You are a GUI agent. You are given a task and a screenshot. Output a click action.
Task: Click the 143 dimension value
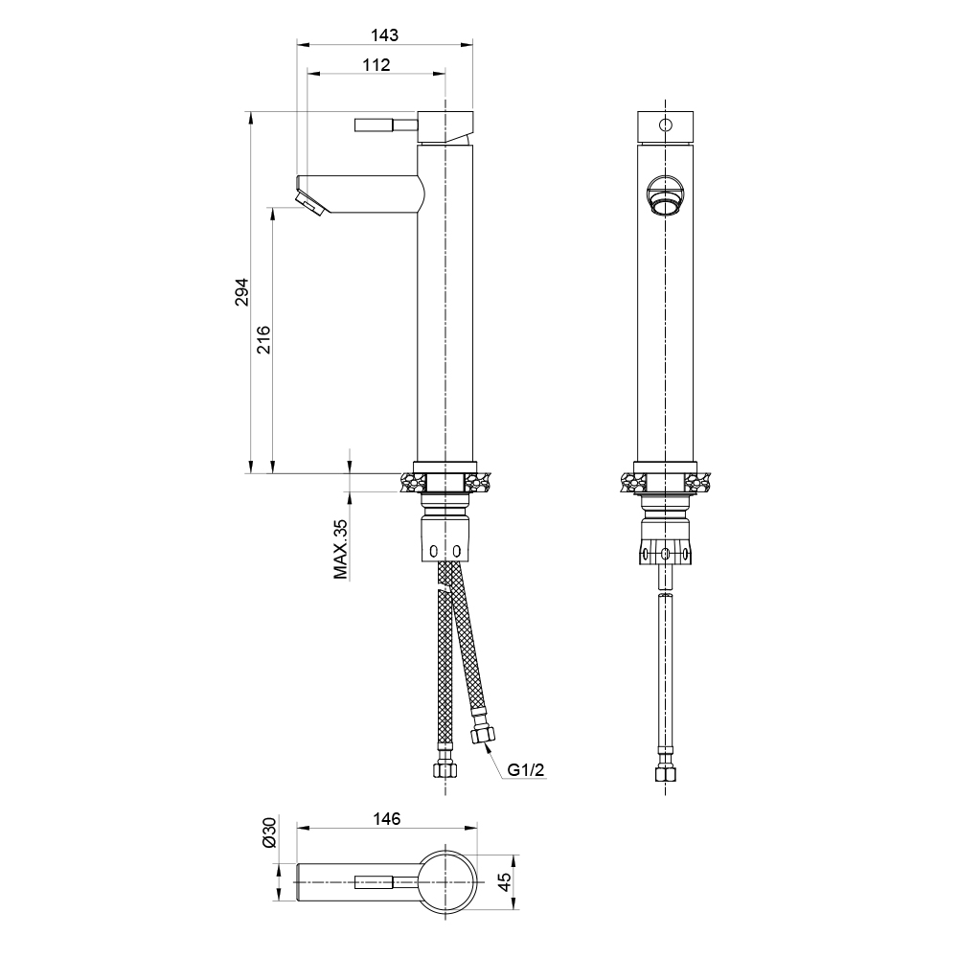click(x=384, y=34)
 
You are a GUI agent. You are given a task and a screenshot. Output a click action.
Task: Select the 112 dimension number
click(x=376, y=64)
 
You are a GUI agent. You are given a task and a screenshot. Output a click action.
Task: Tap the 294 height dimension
click(x=241, y=291)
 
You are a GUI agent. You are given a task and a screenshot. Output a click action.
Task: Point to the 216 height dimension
click(x=263, y=340)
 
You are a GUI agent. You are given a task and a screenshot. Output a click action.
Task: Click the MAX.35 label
click(x=340, y=549)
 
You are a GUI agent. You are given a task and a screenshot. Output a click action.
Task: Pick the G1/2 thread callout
click(x=526, y=769)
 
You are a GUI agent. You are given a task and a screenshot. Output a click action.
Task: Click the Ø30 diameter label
click(x=269, y=833)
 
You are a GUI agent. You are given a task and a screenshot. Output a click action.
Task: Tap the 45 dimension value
click(x=505, y=879)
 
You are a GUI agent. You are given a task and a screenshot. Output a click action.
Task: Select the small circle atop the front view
click(x=663, y=125)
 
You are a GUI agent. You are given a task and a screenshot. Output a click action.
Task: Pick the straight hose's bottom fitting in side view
click(x=444, y=768)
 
